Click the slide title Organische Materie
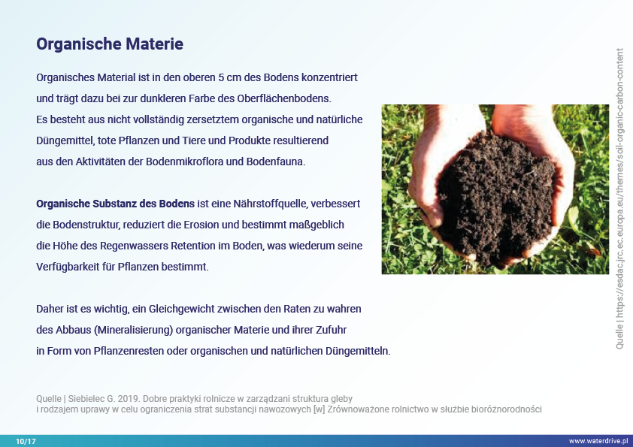(x=110, y=44)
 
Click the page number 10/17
(x=26, y=441)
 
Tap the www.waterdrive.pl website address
(x=598, y=441)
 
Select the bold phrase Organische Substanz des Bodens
(x=116, y=204)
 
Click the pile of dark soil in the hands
(x=496, y=198)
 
